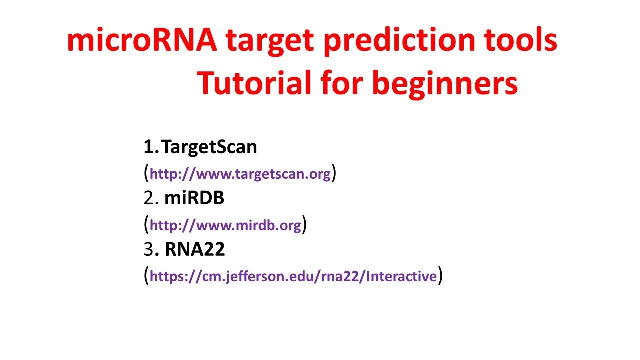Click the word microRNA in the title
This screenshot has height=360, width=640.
pyautogui.click(x=142, y=41)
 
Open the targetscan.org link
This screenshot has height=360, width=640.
pyautogui.click(x=240, y=174)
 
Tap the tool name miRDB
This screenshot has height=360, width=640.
pyautogui.click(x=194, y=198)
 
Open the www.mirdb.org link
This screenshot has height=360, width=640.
pyautogui.click(x=225, y=226)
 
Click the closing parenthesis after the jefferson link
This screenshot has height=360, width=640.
pyautogui.click(x=440, y=275)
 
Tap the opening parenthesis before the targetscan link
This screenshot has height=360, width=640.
pyautogui.click(x=146, y=173)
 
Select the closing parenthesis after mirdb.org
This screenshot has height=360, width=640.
pyautogui.click(x=304, y=225)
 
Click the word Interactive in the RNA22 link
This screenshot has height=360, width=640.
pyautogui.click(x=402, y=276)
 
